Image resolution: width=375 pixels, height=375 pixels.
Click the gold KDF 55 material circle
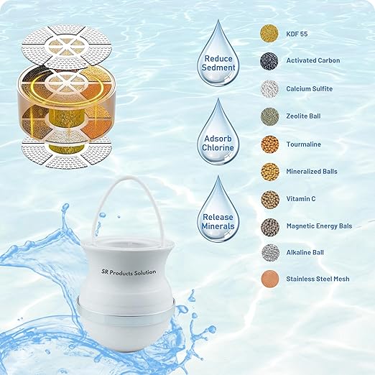[x=270, y=32]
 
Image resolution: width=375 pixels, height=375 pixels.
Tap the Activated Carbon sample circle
[x=270, y=60]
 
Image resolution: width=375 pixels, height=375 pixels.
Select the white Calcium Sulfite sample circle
[x=270, y=88]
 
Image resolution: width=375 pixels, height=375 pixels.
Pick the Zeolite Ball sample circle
[x=270, y=116]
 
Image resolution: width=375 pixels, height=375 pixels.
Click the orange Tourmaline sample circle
[x=270, y=144]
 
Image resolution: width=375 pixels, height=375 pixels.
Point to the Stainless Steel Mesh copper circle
[x=270, y=279]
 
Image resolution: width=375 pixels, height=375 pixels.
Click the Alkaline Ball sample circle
[x=270, y=251]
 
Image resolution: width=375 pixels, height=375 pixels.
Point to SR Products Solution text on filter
[x=129, y=272]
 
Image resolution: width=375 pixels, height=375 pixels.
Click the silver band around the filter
[x=129, y=306]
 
